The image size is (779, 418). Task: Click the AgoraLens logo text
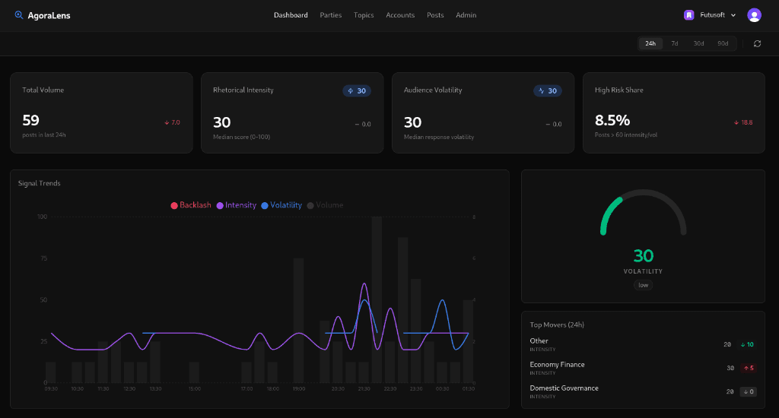click(x=48, y=15)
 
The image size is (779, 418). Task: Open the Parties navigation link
click(x=331, y=15)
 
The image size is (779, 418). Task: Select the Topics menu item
click(x=364, y=15)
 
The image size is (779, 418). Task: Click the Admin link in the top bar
click(x=466, y=15)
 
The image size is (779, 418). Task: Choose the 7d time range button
click(x=674, y=43)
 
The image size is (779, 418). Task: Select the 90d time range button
click(x=722, y=43)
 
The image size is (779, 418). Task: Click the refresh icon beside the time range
click(x=757, y=43)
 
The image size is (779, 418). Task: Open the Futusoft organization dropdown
click(x=711, y=15)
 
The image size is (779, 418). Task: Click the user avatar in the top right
click(x=754, y=15)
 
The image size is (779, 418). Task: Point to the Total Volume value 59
click(x=31, y=120)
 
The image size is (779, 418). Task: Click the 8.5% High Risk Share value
click(x=612, y=120)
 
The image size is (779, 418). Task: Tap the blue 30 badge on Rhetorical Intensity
click(x=357, y=90)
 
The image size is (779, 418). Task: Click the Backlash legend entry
click(x=191, y=205)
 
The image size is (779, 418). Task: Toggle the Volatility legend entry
click(x=281, y=205)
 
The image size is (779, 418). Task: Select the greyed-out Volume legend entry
click(x=325, y=205)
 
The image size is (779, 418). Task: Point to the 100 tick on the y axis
click(x=42, y=217)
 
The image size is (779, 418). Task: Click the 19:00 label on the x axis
click(x=298, y=388)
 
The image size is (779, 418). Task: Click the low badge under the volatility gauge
click(x=643, y=285)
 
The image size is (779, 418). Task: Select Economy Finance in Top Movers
click(x=557, y=365)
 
